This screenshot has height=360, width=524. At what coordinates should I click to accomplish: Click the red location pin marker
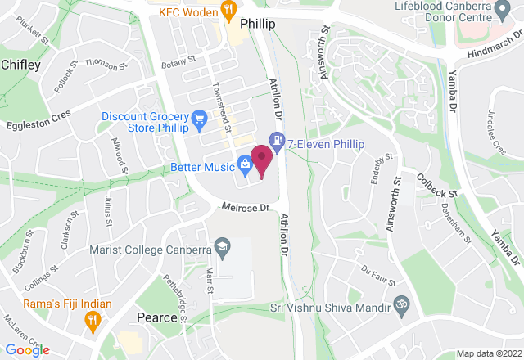click(262, 160)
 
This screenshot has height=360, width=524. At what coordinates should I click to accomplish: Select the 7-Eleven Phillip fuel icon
click(279, 142)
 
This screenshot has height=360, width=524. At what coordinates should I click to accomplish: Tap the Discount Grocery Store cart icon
click(198, 121)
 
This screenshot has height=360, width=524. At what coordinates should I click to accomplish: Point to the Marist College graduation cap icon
click(221, 245)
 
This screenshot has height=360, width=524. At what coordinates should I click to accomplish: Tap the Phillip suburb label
click(256, 25)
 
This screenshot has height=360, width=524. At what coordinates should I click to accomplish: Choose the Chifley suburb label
click(20, 64)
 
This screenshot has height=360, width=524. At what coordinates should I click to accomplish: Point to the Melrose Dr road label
click(245, 208)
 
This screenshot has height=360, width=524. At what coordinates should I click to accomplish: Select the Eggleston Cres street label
click(38, 120)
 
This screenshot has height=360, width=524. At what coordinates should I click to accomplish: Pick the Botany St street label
click(179, 60)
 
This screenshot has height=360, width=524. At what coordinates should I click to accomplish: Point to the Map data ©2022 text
click(489, 353)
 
